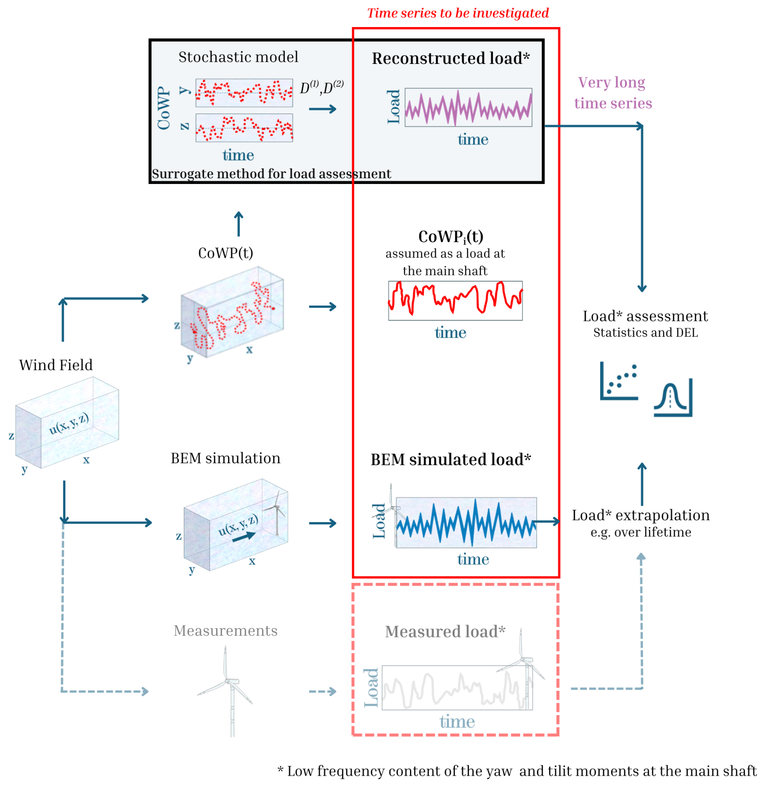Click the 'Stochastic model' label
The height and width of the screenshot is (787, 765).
point(238,57)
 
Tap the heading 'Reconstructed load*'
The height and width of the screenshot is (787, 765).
point(450,58)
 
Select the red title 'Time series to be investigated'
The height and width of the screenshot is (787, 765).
point(458,13)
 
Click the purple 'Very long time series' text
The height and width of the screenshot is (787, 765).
point(613,93)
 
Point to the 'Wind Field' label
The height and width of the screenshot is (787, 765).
point(56,365)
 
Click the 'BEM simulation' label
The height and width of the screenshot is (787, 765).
point(225,458)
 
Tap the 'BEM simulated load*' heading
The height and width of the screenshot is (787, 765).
point(450,460)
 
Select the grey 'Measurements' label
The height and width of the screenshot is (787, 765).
point(225,631)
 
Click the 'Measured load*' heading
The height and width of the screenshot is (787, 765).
point(445,631)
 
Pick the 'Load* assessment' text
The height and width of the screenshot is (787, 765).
point(645,316)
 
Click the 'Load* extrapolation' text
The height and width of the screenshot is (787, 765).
point(640,515)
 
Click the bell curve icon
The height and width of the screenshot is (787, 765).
point(672,398)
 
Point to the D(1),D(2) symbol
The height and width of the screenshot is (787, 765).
point(321,87)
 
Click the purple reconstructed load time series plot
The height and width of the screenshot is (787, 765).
point(468,107)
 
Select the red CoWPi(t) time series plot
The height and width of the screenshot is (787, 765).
point(455,300)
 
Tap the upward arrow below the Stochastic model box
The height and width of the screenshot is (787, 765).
point(239,224)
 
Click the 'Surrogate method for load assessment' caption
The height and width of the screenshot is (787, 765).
point(271,174)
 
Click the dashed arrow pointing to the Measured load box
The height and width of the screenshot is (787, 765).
point(322,691)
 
